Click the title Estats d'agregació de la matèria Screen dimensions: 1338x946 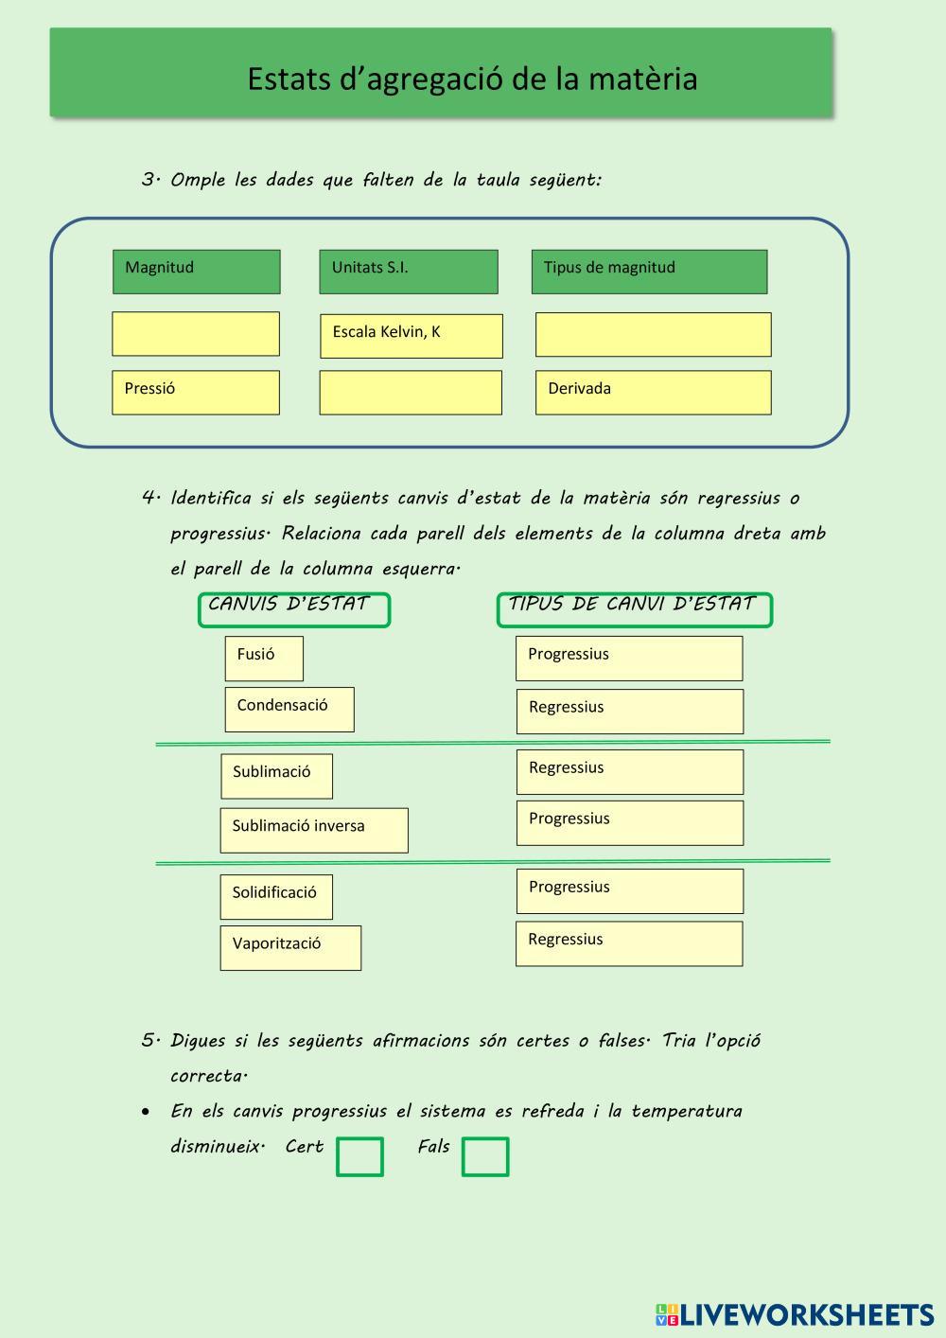point(471,79)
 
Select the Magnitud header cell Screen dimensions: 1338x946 point(196,272)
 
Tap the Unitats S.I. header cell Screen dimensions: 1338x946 point(408,272)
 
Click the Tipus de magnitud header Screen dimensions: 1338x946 point(649,272)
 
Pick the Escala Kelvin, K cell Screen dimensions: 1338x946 point(411,336)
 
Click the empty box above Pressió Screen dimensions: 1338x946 point(196,334)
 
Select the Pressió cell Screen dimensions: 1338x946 point(196,392)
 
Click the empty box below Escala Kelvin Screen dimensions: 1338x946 point(411,393)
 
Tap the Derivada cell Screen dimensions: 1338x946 point(653,392)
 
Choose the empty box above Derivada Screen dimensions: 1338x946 point(653,334)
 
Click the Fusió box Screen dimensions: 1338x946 point(264,659)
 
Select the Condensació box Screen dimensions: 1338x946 point(289,710)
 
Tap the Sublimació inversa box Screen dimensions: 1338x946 point(314,830)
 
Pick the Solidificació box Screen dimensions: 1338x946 point(276,896)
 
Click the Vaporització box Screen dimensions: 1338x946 point(290,947)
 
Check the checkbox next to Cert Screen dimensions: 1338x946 point(360,1156)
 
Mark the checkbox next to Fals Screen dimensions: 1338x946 point(485,1156)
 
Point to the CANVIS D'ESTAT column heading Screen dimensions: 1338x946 point(293,609)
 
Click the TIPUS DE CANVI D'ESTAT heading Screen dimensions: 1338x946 point(634,609)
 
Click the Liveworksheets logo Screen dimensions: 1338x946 point(795,1314)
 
